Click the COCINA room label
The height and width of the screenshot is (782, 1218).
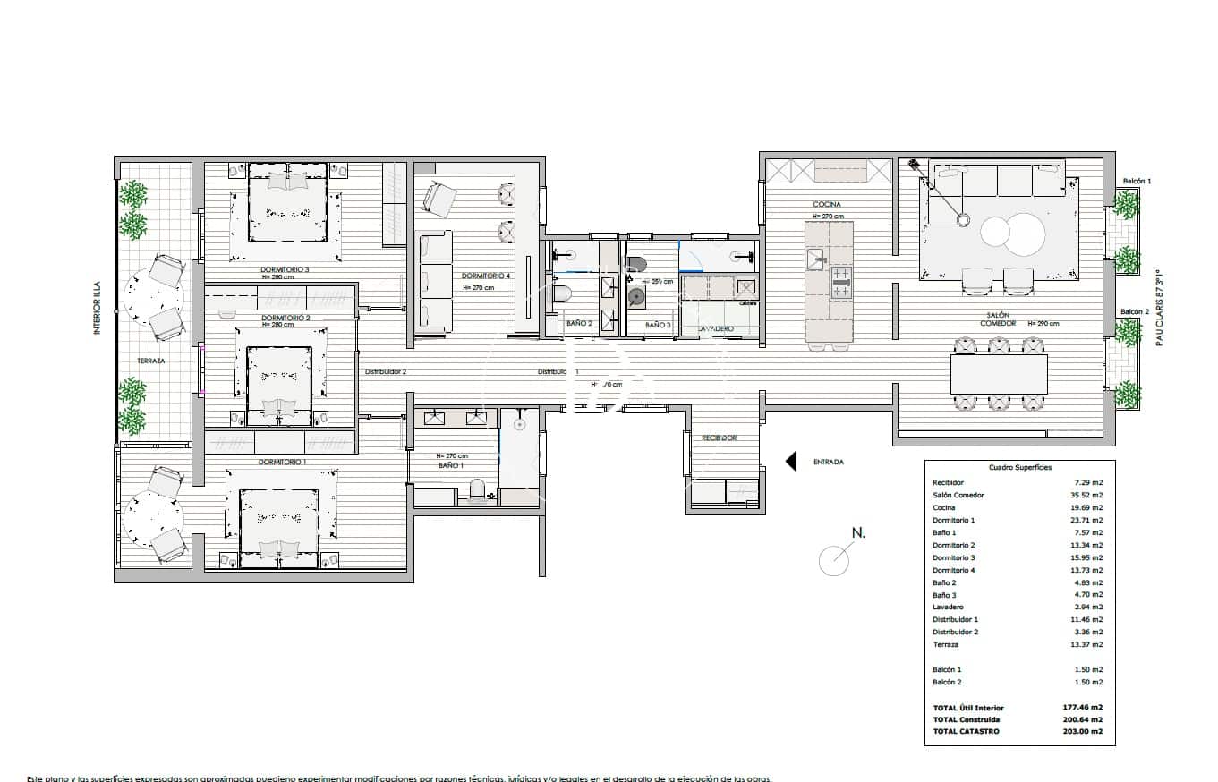pyautogui.click(x=826, y=205)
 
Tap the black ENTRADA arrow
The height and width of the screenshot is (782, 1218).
pyautogui.click(x=791, y=462)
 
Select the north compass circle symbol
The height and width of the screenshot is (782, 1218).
pyautogui.click(x=834, y=560)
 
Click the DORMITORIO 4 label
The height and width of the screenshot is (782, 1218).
pyautogui.click(x=485, y=276)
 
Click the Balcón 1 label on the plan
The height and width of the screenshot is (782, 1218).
pyautogui.click(x=1137, y=182)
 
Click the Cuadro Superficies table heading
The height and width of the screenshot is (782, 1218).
pyautogui.click(x=1019, y=468)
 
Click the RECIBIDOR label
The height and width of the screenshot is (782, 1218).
pyautogui.click(x=719, y=438)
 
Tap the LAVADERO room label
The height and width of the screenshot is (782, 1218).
pyautogui.click(x=715, y=329)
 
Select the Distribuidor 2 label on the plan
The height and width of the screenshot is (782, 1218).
pyautogui.click(x=386, y=371)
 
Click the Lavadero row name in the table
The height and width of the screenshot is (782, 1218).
pyautogui.click(x=949, y=607)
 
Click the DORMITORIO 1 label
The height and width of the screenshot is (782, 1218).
pyautogui.click(x=282, y=462)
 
